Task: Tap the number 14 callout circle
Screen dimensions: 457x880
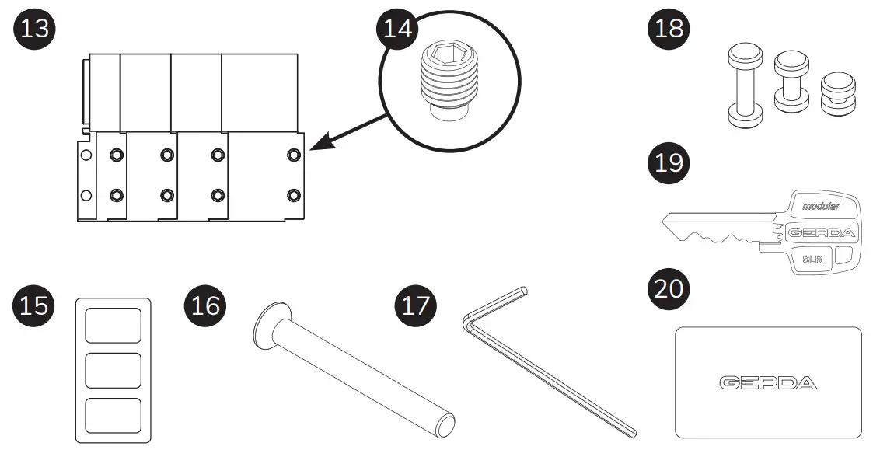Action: [398, 30]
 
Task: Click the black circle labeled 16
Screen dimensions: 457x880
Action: [204, 305]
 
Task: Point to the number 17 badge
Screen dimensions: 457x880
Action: [416, 305]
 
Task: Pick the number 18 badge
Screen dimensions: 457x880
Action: [668, 30]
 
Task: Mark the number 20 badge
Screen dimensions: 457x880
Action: [668, 288]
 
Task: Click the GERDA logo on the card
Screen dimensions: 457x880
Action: [767, 382]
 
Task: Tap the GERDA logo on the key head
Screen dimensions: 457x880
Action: [821, 232]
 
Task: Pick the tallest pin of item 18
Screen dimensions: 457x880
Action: [745, 86]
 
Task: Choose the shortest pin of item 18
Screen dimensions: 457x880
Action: [836, 93]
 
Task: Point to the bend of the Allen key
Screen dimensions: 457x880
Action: [469, 322]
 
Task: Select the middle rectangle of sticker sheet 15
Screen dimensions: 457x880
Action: [112, 371]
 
